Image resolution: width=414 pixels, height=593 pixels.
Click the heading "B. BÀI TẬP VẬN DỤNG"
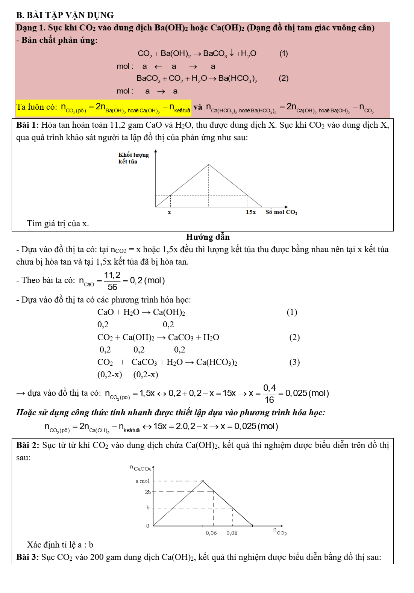point(65,15)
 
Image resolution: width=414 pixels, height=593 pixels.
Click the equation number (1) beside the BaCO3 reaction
point(284,53)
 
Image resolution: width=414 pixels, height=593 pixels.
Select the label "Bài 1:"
point(27,125)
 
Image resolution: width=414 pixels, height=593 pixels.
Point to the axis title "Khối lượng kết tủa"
point(133,158)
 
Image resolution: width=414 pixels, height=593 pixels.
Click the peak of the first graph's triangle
point(209,165)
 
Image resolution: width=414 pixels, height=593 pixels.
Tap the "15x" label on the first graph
point(251,212)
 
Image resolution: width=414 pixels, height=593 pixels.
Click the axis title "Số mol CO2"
point(281,212)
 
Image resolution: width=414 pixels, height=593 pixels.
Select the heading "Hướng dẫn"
point(208,237)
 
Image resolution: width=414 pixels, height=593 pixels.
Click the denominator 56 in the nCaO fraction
point(112,287)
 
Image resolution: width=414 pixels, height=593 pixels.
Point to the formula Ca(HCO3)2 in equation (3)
point(217,362)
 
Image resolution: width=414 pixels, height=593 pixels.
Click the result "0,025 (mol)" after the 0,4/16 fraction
point(307,393)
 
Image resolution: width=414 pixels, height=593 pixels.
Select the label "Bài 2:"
point(27,445)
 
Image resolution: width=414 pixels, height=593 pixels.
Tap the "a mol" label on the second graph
point(143,481)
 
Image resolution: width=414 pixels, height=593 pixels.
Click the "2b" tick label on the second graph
point(148,492)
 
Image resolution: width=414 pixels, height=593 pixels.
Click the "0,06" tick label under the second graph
point(211,533)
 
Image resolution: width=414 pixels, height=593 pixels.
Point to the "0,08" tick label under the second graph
point(232,533)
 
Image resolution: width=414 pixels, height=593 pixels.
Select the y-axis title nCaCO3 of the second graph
point(140,468)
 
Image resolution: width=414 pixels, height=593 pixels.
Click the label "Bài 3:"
point(27,557)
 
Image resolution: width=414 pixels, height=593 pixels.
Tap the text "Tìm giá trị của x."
point(58,224)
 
